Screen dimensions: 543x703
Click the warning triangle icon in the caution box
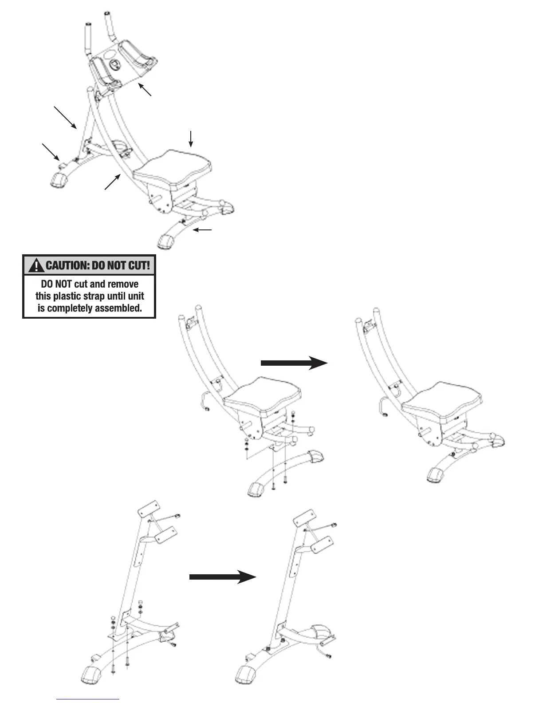(34, 266)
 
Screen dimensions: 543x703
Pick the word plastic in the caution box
(68, 296)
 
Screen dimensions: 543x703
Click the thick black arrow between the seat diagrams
(294, 363)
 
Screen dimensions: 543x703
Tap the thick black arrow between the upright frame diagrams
(223, 577)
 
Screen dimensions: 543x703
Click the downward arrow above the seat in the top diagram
(191, 138)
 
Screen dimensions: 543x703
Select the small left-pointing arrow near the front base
(205, 230)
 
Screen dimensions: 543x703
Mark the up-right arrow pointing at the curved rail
(113, 182)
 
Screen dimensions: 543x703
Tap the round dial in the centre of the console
(114, 64)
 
